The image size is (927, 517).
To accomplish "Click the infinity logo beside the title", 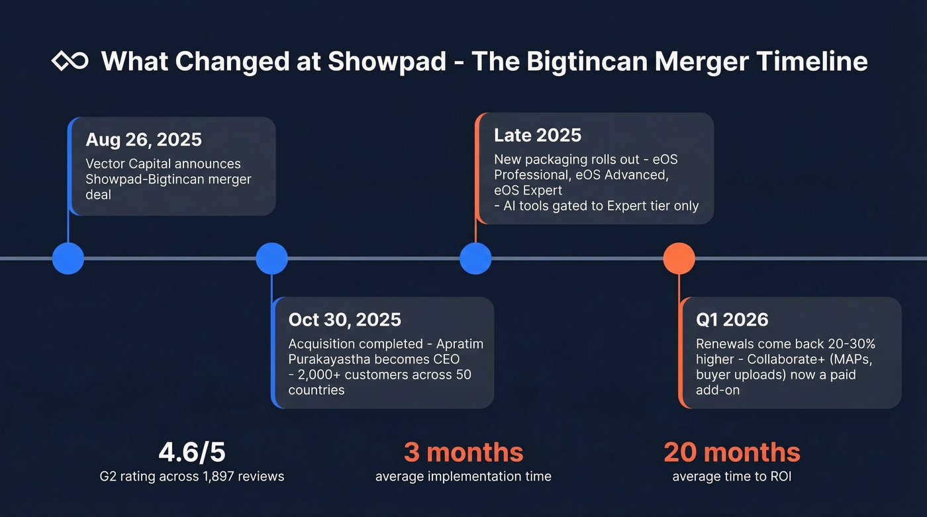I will [x=70, y=62].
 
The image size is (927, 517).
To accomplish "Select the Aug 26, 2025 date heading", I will [x=144, y=140].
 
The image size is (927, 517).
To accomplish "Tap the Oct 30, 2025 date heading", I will [x=344, y=320].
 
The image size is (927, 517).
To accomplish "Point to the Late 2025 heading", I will [x=538, y=136].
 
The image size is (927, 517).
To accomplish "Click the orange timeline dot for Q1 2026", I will [x=679, y=258].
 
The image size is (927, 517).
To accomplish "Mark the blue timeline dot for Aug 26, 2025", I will [x=68, y=258].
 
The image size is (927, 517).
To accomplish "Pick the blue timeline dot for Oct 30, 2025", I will [x=271, y=258].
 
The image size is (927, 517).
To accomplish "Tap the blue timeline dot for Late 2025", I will [x=475, y=258].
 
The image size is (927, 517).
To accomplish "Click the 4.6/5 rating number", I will [x=192, y=452].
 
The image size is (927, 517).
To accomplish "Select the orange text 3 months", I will [x=463, y=452].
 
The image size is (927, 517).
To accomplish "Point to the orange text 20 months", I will [x=732, y=452].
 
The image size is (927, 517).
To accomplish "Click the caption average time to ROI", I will [x=732, y=476].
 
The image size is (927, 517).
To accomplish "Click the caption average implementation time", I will [x=463, y=476].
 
